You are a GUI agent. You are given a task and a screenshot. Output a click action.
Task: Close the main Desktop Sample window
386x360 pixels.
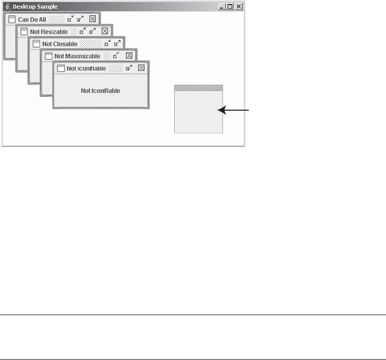click(239, 7)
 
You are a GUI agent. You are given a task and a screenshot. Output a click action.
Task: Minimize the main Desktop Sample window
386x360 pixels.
click(222, 7)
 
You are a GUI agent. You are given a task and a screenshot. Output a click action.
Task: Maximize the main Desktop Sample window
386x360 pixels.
click(230, 7)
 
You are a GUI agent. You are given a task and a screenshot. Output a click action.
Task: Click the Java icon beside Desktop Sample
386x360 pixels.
click(7, 7)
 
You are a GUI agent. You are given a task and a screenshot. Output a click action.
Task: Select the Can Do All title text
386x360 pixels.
click(32, 19)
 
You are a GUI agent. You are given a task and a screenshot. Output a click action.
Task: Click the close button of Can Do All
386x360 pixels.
click(92, 19)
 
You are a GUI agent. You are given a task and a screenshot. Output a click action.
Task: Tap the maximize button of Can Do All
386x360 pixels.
click(80, 19)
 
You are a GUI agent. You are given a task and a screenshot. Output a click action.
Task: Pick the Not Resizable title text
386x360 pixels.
click(49, 31)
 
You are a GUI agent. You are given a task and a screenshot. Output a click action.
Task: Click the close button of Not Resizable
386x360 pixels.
click(105, 31)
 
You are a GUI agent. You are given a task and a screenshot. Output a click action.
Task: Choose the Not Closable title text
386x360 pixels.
click(60, 44)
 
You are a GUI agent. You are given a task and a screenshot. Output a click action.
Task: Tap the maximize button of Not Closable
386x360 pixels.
click(117, 43)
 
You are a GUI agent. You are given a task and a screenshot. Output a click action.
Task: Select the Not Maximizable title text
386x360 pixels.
click(77, 56)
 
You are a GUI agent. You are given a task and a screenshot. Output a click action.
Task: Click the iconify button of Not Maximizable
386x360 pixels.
click(116, 55)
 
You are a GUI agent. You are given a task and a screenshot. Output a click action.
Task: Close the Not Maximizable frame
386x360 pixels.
click(129, 55)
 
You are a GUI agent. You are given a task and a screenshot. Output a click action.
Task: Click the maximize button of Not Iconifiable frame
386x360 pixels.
click(129, 68)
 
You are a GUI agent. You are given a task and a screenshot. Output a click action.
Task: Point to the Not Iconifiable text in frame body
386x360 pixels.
click(101, 91)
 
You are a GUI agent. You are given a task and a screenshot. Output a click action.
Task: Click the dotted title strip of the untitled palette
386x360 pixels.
click(199, 87)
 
